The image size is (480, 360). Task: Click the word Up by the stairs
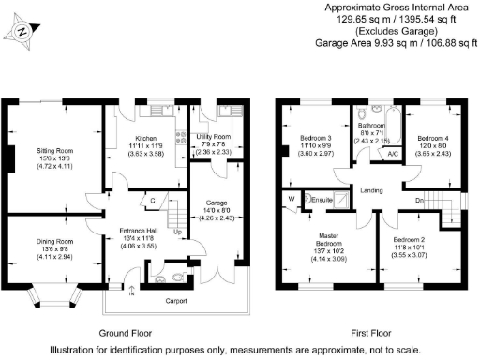click(177, 231)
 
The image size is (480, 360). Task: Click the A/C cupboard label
click(393, 154)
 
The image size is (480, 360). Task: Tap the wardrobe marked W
click(292, 198)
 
